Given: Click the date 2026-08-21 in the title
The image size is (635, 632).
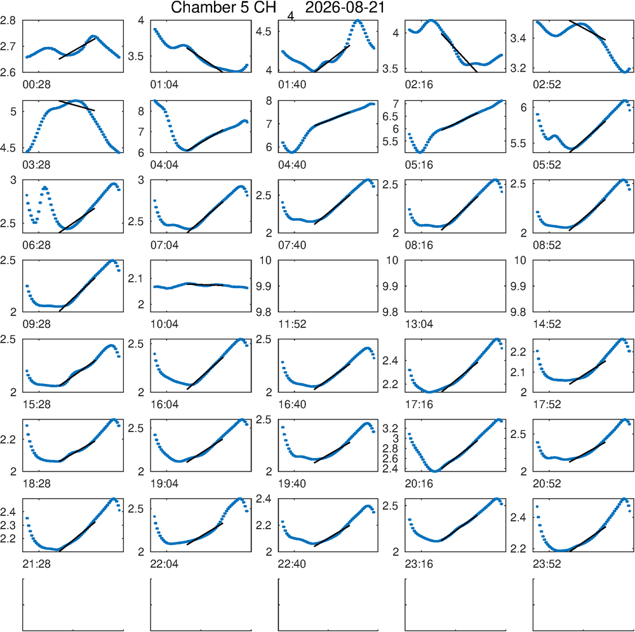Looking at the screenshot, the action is click(x=345, y=8).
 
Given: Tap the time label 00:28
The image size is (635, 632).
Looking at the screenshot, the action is click(x=36, y=84).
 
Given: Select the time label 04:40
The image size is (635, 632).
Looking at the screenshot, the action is click(x=292, y=165).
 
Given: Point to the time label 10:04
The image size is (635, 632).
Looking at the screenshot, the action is click(x=164, y=324).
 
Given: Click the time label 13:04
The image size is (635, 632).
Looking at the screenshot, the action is click(x=418, y=324).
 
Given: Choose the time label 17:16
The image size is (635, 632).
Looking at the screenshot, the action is click(x=418, y=404).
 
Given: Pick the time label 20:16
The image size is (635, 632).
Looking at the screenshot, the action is click(x=418, y=484).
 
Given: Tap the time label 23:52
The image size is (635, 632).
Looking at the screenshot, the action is click(x=547, y=563).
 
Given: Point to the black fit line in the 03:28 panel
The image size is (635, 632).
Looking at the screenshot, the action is click(x=77, y=105).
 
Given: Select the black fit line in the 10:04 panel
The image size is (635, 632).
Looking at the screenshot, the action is click(x=205, y=284).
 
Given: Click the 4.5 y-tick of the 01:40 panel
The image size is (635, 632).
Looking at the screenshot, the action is click(x=264, y=32).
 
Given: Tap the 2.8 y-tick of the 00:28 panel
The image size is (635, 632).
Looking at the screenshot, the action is click(x=8, y=21).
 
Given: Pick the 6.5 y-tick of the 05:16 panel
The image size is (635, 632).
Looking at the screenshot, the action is click(x=391, y=117).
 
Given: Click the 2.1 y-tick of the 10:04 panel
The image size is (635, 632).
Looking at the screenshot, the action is click(x=136, y=279).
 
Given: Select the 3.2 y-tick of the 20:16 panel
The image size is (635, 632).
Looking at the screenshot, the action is click(x=391, y=428).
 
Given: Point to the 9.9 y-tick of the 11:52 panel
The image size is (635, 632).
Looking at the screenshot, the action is click(x=264, y=286).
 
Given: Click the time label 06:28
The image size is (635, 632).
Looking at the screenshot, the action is click(x=36, y=245).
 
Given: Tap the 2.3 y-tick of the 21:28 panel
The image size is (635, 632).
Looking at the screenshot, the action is click(x=8, y=525).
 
